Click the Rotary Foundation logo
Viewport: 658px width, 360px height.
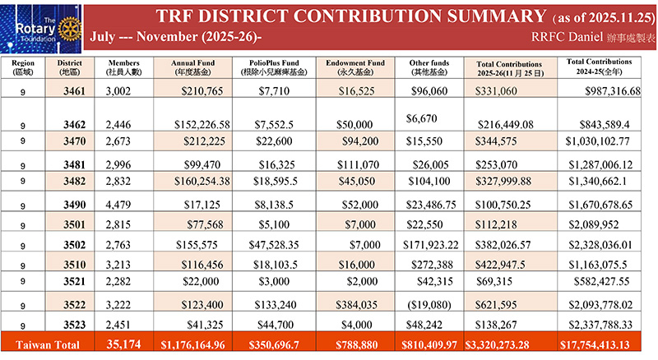(x=38, y=27)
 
